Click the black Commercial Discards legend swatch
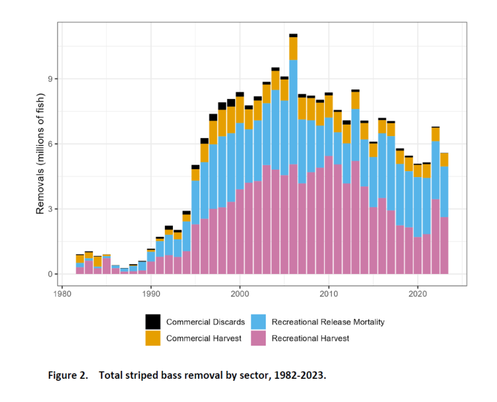coord(154,322)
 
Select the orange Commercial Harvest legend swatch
coord(154,338)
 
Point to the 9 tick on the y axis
coord(50,79)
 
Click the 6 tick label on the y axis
coord(50,144)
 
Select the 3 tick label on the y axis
coord(50,209)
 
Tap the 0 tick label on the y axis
coord(50,274)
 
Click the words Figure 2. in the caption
coord(68,375)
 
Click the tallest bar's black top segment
coord(293,35)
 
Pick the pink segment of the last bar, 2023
coord(444,245)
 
